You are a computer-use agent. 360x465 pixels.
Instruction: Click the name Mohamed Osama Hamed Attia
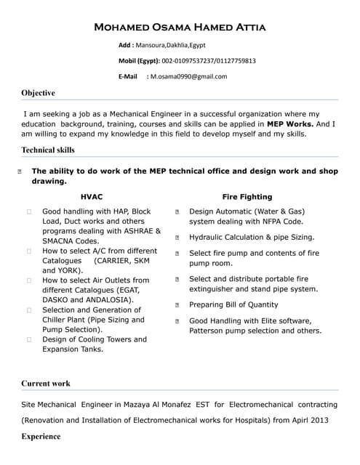(x=180, y=28)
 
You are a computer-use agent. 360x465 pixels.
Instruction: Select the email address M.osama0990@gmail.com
(x=188, y=76)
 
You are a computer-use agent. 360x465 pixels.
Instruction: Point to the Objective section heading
(x=38, y=93)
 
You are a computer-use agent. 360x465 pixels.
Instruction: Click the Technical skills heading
(x=48, y=150)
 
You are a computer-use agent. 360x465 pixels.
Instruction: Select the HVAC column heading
(x=92, y=197)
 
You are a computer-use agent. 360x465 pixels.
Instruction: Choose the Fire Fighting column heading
(x=247, y=197)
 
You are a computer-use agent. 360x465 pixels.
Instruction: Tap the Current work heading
(x=46, y=383)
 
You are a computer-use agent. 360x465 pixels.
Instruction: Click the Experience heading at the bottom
(x=41, y=437)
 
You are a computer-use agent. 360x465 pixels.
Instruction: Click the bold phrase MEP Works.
(x=290, y=124)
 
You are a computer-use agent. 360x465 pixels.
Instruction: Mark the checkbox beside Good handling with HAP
(x=29, y=211)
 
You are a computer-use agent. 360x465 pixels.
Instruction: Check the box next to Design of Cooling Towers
(x=29, y=339)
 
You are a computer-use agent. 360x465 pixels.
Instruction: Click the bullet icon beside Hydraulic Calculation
(x=177, y=238)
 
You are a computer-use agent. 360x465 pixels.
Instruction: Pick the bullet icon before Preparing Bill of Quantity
(x=177, y=305)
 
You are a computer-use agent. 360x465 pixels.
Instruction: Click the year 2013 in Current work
(x=319, y=420)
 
